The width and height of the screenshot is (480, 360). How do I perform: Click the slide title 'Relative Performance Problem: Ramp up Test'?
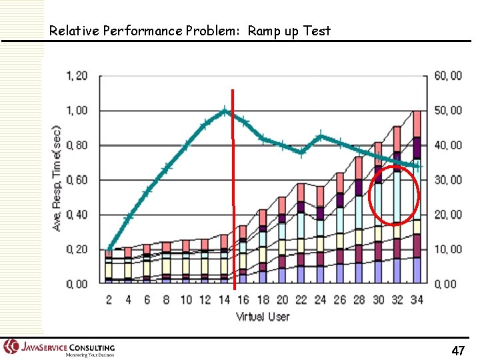[190, 31]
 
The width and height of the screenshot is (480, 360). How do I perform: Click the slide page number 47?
[458, 350]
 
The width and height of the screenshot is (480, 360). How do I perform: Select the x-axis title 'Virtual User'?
[263, 316]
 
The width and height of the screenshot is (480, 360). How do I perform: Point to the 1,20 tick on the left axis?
[77, 76]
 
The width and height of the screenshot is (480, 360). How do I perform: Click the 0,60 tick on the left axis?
[77, 180]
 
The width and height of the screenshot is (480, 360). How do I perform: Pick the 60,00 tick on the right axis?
[447, 76]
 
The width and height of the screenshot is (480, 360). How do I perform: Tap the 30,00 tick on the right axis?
[447, 180]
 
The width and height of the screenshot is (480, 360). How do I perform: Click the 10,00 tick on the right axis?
[447, 249]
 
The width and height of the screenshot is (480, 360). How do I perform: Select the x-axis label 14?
[224, 300]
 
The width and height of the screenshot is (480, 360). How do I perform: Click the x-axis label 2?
[109, 300]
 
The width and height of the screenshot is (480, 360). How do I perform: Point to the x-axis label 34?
[417, 300]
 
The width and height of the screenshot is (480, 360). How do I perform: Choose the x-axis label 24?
[321, 300]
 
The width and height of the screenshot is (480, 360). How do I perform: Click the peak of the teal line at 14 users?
[225, 111]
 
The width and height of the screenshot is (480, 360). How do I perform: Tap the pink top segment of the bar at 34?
[417, 124]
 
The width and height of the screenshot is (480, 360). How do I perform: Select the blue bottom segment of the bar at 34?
[417, 271]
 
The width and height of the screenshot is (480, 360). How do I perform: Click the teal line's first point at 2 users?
[109, 249]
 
